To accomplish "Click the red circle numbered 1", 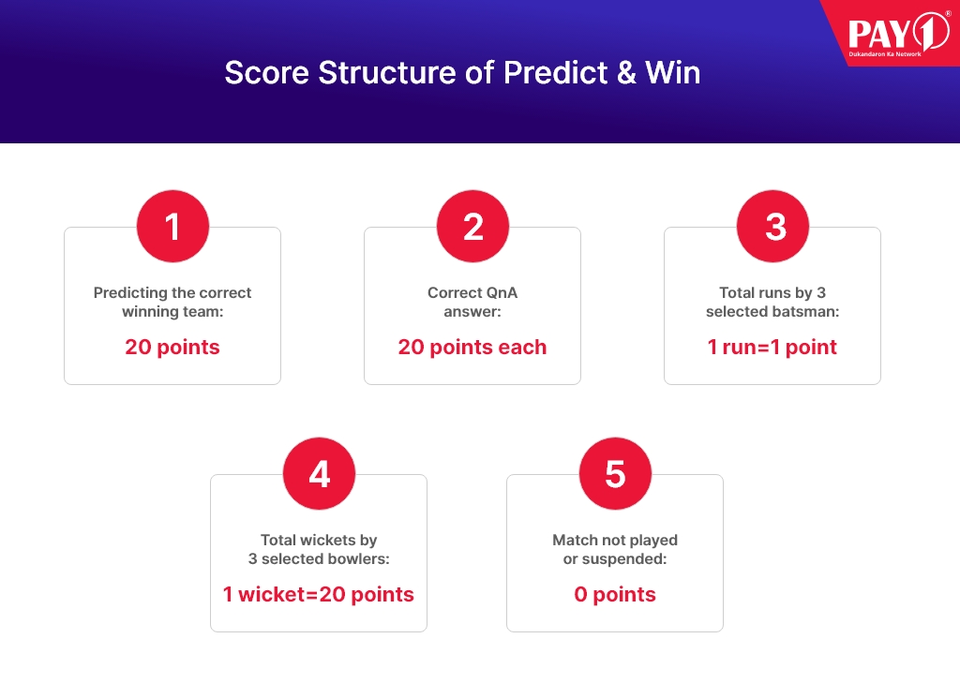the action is (172, 227).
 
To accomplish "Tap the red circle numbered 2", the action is (472, 227).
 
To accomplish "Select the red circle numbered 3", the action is (772, 227).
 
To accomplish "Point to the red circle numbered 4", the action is (319, 474).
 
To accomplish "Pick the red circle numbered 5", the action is (615, 474).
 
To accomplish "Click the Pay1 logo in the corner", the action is (898, 35).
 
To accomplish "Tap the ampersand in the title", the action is (626, 73).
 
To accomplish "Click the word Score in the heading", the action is (267, 73).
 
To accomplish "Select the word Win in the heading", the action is (673, 73).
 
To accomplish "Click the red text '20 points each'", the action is (472, 347).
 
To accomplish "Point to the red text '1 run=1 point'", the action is (772, 347).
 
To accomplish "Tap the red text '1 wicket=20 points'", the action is (319, 594).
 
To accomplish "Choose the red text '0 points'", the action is (615, 594).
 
